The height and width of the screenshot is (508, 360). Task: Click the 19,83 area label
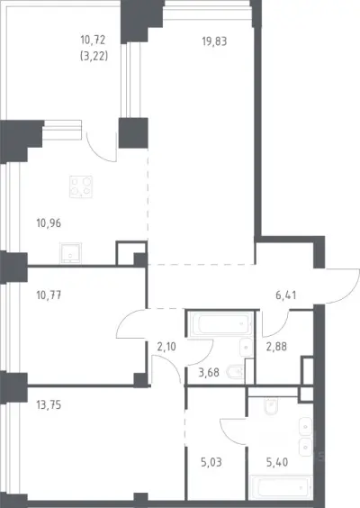tap(214, 41)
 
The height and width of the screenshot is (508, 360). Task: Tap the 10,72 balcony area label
tap(93, 40)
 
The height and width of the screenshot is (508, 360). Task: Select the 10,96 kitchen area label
tap(49, 223)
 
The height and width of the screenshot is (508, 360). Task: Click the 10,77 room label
tap(49, 295)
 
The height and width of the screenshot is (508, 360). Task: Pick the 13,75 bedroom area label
tap(49, 405)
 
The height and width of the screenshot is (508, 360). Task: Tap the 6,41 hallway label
tap(286, 295)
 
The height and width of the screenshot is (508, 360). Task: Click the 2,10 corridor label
tap(166, 347)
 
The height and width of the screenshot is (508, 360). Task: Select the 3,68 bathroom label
tap(209, 373)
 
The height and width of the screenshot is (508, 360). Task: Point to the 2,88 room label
tap(276, 347)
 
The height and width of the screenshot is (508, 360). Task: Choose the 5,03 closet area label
tap(211, 462)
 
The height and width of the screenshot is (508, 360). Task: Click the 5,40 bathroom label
tap(277, 462)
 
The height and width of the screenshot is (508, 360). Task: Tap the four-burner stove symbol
tap(81, 187)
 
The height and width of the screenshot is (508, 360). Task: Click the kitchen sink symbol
tap(70, 253)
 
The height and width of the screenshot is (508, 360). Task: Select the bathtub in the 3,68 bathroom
tap(221, 324)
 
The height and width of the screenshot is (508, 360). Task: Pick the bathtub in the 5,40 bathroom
tap(281, 487)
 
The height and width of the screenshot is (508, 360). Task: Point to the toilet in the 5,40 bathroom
tap(271, 406)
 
